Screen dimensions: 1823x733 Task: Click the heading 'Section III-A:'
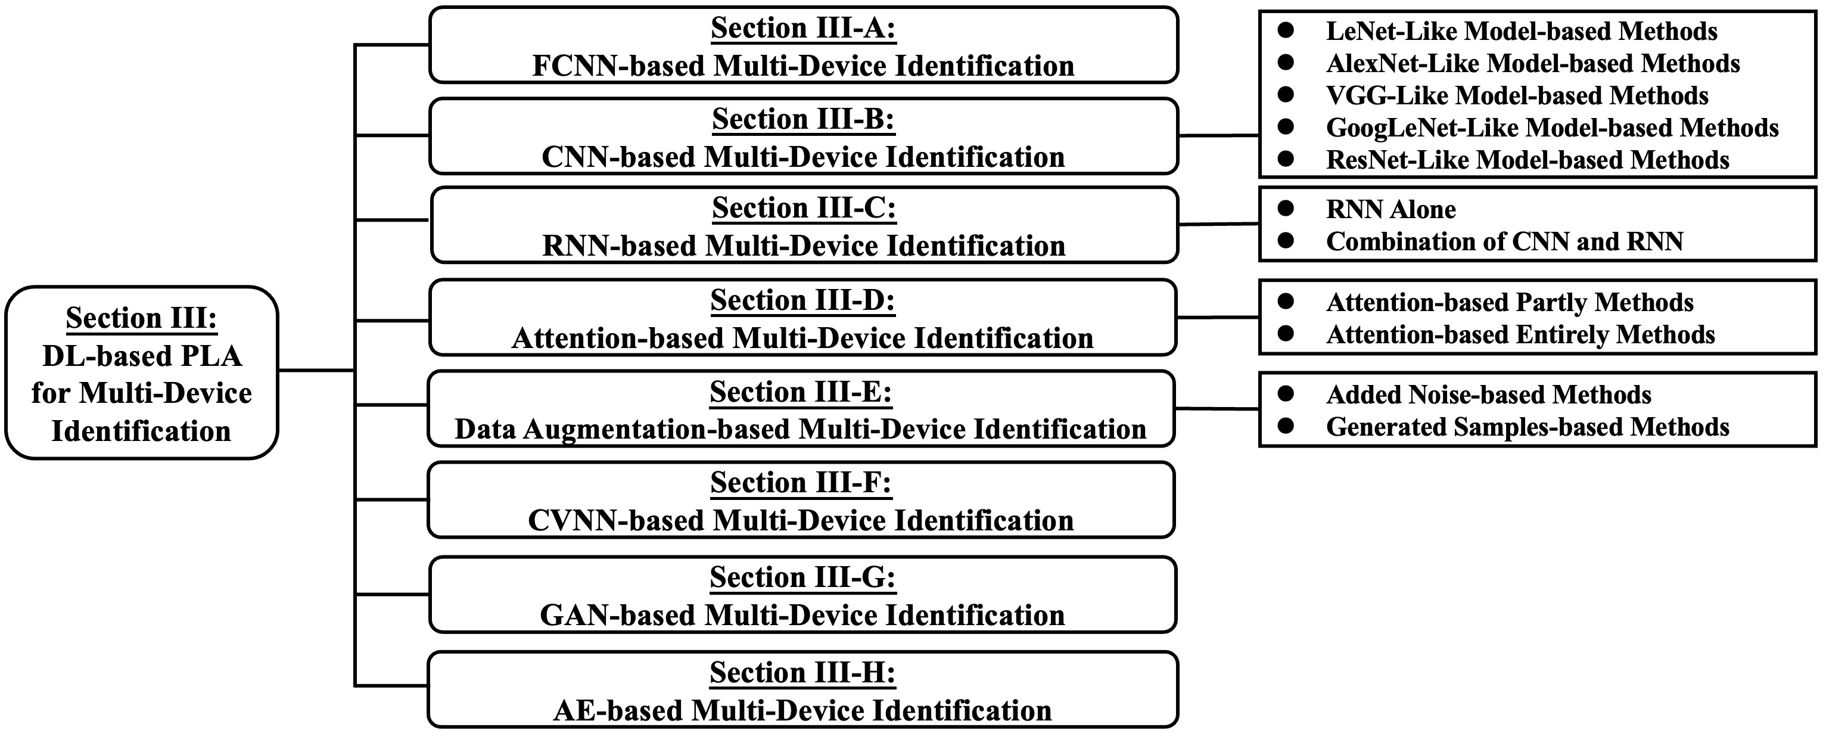(803, 29)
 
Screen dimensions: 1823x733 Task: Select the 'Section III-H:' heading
(802, 673)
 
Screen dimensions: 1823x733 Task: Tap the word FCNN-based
(618, 66)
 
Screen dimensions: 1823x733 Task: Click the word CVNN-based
(615, 520)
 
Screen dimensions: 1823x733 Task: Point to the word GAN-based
(617, 616)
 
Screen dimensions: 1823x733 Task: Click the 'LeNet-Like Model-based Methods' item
(1522, 31)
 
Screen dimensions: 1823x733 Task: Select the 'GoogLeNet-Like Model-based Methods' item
(1552, 128)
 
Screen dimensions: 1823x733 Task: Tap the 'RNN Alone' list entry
(1390, 210)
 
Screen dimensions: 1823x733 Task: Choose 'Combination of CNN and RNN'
(1504, 241)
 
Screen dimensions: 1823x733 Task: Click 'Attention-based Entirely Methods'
(1520, 334)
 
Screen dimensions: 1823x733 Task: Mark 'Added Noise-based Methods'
(1488, 395)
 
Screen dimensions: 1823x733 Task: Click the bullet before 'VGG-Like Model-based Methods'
(1285, 94)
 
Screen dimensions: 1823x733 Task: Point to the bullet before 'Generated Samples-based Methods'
(1285, 425)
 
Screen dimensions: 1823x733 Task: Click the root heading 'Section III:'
(142, 318)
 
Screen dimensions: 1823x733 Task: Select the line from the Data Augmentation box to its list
(1217, 409)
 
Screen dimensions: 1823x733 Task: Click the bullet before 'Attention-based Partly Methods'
(1285, 301)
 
